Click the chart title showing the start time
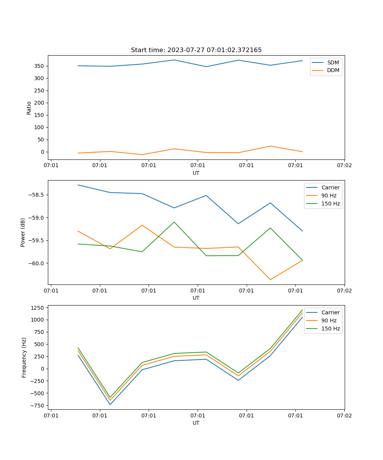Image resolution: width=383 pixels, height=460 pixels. pos(196,50)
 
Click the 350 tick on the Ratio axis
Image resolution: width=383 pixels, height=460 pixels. pos(39,66)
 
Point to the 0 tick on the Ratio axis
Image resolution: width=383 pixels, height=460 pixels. pos(43,152)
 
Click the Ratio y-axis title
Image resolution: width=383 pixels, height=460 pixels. pos(29,108)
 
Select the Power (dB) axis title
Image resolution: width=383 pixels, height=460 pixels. pos(23,232)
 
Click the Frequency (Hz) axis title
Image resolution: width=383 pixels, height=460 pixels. pos(24,357)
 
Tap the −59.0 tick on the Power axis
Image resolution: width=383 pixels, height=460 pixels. pos(37,218)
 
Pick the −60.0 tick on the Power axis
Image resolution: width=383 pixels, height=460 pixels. pos(37,263)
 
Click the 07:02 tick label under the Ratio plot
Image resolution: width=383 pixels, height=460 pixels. pos(344,165)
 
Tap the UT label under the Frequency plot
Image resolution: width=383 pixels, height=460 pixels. pos(196,423)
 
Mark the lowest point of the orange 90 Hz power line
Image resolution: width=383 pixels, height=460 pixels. pos(270,279)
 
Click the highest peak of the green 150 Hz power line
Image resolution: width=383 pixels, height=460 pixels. pos(174,222)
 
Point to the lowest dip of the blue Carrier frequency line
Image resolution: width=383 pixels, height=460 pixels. pos(110,404)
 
